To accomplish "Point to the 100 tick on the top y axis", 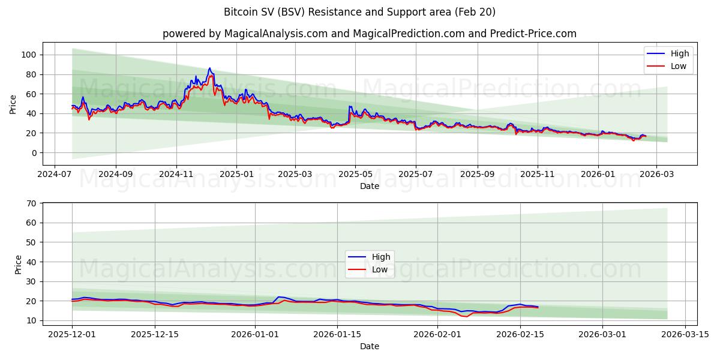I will pyautogui.click(x=28, y=55).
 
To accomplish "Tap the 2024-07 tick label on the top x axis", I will pyautogui.click(x=55, y=174).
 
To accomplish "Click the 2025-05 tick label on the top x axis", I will pyautogui.click(x=355, y=174).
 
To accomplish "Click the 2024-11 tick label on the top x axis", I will pyautogui.click(x=176, y=174).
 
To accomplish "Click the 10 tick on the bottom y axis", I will pyautogui.click(x=31, y=320).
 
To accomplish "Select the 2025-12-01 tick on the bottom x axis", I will pyautogui.click(x=72, y=334).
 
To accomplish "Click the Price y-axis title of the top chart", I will pyautogui.click(x=13, y=104).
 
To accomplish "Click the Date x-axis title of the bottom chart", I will pyautogui.click(x=369, y=346).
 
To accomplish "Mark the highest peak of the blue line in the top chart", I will pyautogui.click(x=209, y=68).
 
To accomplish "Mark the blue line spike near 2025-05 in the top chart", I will pyautogui.click(x=350, y=106).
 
